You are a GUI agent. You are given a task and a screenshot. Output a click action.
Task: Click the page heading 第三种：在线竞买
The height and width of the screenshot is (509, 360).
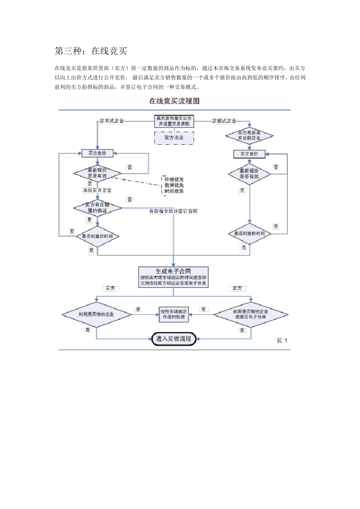(x=91, y=51)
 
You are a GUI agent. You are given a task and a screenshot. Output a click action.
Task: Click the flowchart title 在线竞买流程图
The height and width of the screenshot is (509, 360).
(x=174, y=101)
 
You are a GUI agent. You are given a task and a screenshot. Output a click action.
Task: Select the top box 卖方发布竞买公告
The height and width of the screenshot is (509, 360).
(x=174, y=121)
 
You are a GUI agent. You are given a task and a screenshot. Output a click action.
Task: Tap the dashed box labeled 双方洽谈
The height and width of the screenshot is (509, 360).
(x=174, y=138)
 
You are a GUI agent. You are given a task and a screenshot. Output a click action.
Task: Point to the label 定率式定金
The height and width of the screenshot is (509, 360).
(x=112, y=121)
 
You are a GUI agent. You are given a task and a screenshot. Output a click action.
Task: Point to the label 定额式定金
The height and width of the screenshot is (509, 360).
(x=224, y=121)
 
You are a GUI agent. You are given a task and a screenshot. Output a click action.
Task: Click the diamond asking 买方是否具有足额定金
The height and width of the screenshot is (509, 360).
(x=249, y=136)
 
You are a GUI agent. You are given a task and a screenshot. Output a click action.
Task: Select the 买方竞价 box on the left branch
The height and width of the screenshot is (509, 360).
(x=97, y=153)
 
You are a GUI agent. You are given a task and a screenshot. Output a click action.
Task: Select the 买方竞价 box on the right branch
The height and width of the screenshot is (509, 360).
(x=249, y=154)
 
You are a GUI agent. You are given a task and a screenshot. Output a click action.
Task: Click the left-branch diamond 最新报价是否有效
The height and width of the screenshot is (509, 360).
(x=97, y=173)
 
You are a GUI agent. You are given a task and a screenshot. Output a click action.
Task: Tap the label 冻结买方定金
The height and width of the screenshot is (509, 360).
(x=97, y=190)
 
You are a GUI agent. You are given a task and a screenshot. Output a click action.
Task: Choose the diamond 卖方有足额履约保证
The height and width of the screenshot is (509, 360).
(x=97, y=208)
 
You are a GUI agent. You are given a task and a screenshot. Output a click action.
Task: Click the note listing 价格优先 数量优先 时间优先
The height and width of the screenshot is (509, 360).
(x=174, y=185)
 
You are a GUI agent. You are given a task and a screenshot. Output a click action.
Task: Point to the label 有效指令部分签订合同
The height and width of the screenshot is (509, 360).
(x=173, y=211)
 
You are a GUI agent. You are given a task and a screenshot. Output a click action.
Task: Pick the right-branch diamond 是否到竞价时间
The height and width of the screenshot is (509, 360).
(x=249, y=234)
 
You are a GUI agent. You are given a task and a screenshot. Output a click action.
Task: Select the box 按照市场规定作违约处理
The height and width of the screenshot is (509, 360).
(x=174, y=314)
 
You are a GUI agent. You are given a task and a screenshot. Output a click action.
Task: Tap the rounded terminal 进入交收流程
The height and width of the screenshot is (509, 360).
(x=174, y=339)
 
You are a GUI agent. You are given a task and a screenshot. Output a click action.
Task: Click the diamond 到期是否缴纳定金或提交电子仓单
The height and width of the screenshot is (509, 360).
(x=250, y=314)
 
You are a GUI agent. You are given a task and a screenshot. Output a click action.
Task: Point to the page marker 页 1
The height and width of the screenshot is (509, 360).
(x=282, y=341)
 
